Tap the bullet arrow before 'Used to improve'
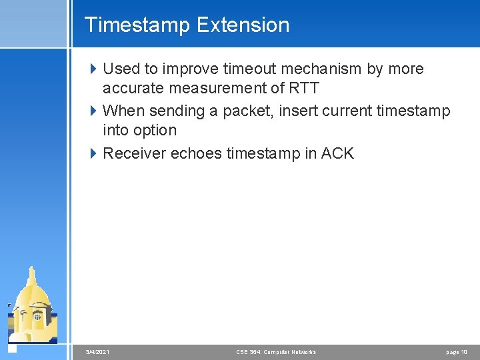(93, 69)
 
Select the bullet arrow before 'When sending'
(93, 111)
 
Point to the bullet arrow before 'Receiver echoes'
(93, 153)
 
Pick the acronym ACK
(337, 153)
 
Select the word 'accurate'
(134, 88)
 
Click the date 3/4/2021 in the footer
(98, 352)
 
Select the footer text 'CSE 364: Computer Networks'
(276, 352)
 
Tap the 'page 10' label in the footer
(457, 352)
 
